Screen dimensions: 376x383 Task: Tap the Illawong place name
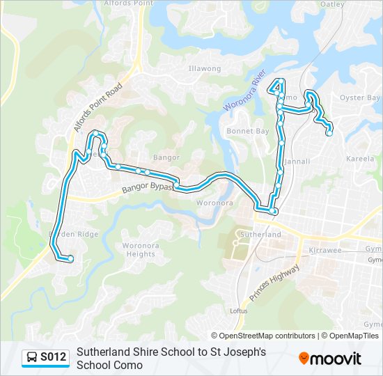click(205, 69)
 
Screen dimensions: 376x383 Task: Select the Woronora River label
click(246, 90)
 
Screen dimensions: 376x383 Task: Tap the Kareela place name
click(360, 159)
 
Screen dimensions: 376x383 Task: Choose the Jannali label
click(297, 162)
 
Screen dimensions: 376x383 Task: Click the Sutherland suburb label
click(261, 235)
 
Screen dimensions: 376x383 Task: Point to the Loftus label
click(237, 311)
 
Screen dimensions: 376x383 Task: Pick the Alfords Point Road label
click(98, 108)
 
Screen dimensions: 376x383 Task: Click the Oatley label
click(333, 4)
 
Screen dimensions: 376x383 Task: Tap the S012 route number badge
click(53, 358)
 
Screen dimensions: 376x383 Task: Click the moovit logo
click(330, 359)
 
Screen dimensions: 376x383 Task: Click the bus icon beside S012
click(31, 358)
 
